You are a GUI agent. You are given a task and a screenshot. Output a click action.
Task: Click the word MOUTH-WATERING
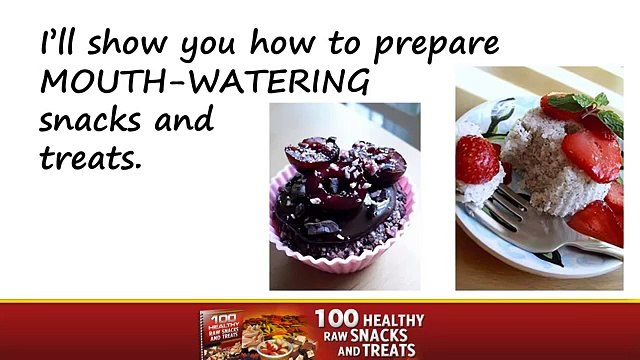tap(204, 81)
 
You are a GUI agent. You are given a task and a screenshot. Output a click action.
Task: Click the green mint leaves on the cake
tap(580, 102)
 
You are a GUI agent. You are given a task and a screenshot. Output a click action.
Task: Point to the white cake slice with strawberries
tap(545, 160)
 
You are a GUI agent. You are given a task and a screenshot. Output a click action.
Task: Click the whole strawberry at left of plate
tap(478, 160)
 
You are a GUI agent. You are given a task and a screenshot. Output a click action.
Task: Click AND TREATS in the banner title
tap(371, 351)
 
